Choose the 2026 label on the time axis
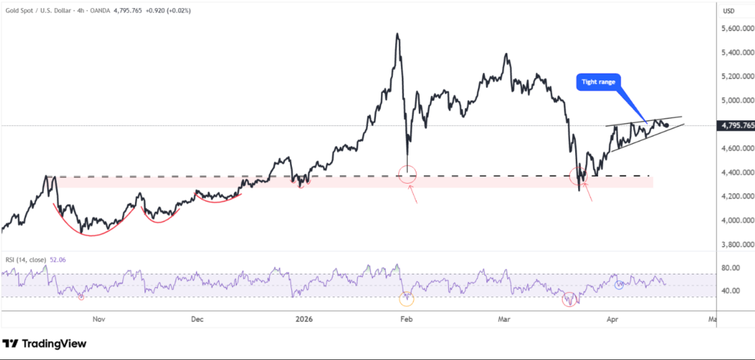[304, 319]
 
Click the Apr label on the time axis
[612, 319]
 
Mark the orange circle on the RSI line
[406, 299]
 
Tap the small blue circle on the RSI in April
[619, 284]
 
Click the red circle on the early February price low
[408, 175]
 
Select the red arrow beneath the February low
[415, 195]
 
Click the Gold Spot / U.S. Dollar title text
[52, 10]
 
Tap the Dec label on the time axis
[197, 319]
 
